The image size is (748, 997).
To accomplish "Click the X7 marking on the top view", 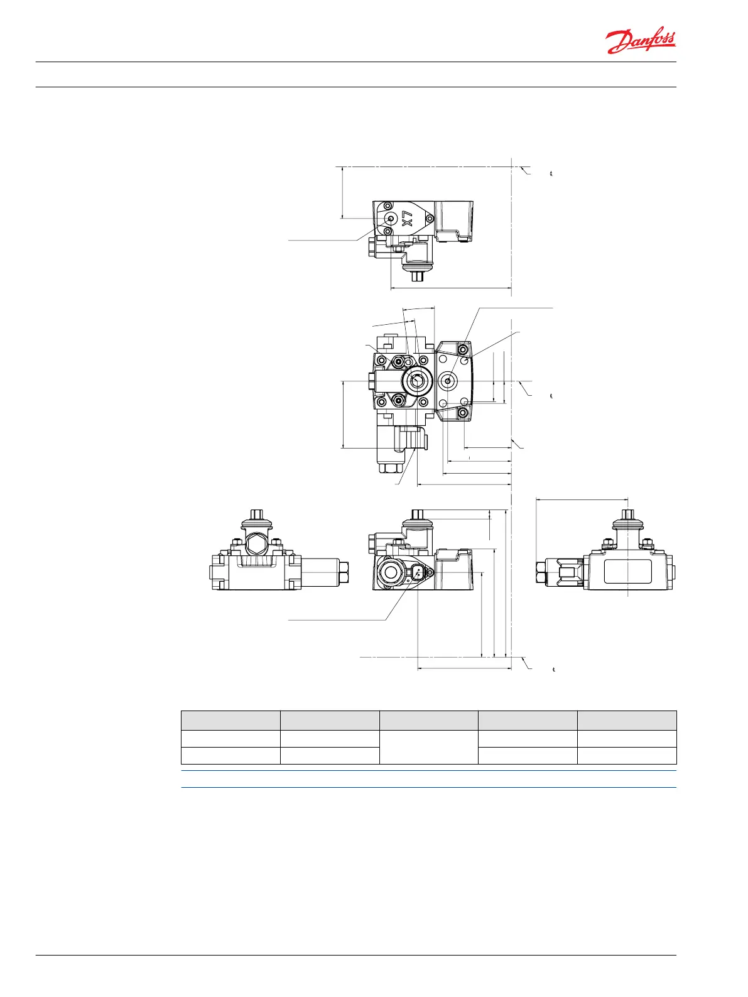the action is tap(407, 219).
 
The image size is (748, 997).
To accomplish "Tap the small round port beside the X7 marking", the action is tap(390, 219).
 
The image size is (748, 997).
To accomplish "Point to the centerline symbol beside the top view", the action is tap(551, 173).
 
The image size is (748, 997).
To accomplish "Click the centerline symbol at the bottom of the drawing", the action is tap(554, 670).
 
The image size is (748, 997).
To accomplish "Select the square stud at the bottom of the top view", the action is tap(418, 276).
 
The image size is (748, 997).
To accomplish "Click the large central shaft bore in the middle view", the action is tap(416, 381).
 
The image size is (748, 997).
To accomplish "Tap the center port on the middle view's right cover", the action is tap(448, 381).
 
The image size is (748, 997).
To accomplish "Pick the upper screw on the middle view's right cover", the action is tap(462, 349).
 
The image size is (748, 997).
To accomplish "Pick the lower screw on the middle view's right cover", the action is tap(462, 413).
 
